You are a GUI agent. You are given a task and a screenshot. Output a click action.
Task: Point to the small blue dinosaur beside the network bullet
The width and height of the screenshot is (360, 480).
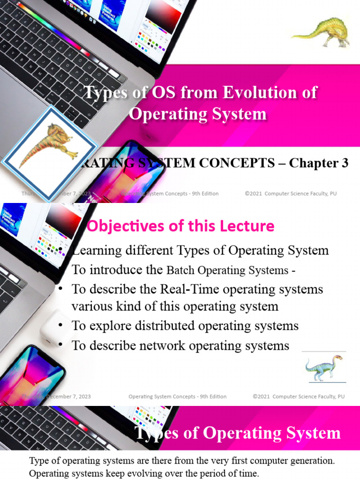click(x=323, y=368)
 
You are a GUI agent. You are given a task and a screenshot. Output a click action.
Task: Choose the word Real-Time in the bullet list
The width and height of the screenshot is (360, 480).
click(x=187, y=289)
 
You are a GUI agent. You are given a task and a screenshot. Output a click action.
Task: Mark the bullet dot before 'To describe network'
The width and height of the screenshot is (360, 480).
click(x=61, y=346)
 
